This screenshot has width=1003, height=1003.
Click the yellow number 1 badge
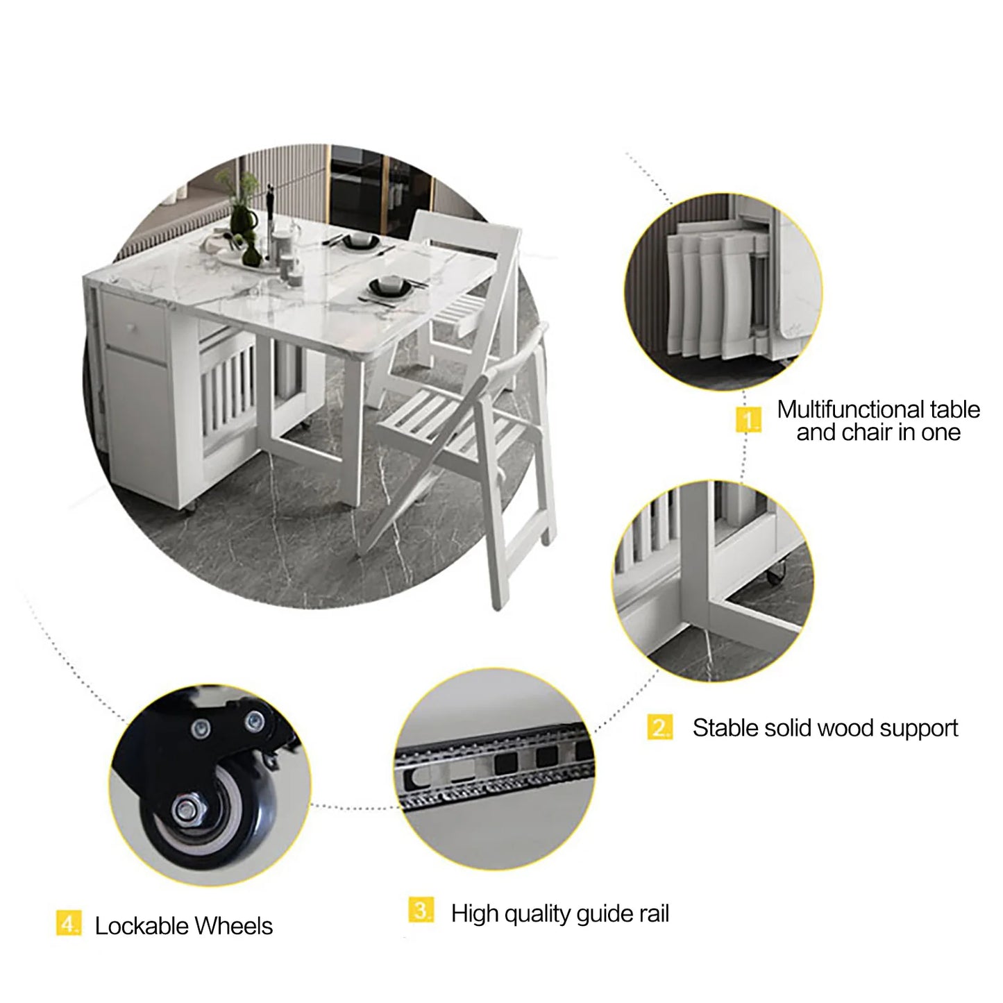(x=748, y=420)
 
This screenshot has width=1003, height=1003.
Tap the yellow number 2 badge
(x=660, y=727)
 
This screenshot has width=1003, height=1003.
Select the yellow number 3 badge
(x=421, y=910)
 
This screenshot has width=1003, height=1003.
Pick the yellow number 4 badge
(x=68, y=924)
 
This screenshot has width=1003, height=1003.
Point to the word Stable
(x=725, y=728)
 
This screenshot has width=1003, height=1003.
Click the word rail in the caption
(x=653, y=913)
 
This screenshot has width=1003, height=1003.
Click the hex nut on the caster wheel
(x=186, y=809)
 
